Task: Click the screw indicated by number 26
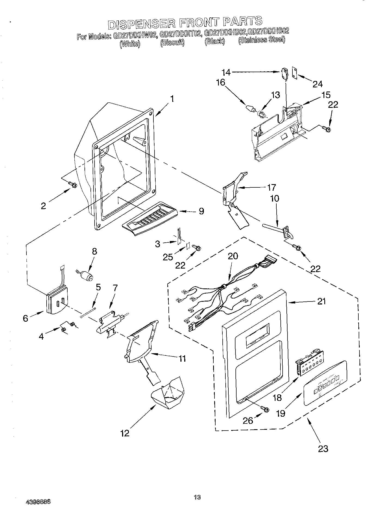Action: [x=265, y=409]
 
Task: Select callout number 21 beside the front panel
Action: [x=322, y=301]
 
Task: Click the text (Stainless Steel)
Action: [x=262, y=40]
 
